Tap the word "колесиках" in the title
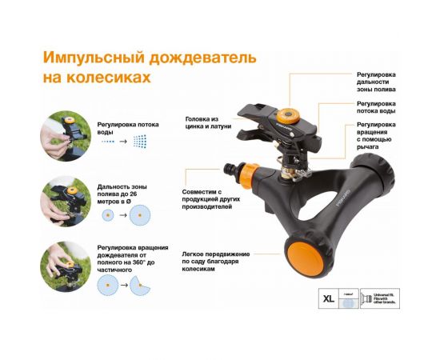point(111,78)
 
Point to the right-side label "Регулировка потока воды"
point(377,108)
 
